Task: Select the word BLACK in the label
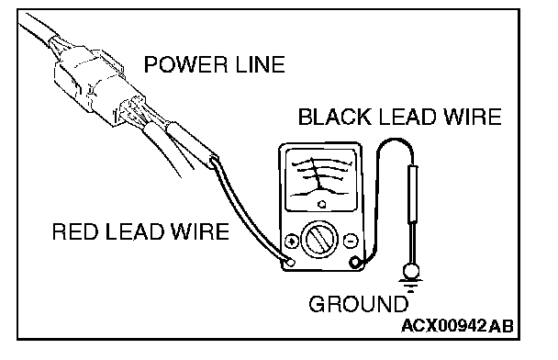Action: click(334, 117)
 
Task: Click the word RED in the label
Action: click(74, 231)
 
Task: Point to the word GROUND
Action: click(358, 304)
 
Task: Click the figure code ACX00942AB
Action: click(457, 325)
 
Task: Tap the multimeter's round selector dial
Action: click(320, 238)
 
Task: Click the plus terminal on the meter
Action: click(292, 241)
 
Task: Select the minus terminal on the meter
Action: click(351, 241)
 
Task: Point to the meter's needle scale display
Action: click(321, 180)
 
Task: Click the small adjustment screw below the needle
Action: click(322, 205)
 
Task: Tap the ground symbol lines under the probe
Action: click(410, 286)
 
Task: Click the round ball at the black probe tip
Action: click(411, 271)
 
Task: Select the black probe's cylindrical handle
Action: click(412, 194)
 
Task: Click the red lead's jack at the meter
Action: click(291, 263)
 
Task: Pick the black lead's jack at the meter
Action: click(355, 263)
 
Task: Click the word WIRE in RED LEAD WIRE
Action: click(200, 231)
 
